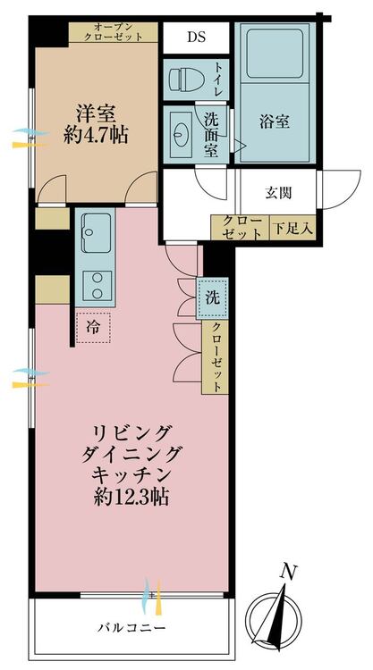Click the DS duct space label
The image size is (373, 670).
196,38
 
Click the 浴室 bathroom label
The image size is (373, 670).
275,122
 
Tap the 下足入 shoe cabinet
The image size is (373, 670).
293,228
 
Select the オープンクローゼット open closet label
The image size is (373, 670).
113,32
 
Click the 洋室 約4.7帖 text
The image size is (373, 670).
95,125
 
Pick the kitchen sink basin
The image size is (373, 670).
96,232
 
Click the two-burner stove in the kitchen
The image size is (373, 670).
97,286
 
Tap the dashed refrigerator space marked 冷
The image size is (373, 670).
93,327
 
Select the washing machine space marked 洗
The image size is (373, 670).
212,298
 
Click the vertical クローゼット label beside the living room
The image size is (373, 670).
216,357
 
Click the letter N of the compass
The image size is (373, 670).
289,572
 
